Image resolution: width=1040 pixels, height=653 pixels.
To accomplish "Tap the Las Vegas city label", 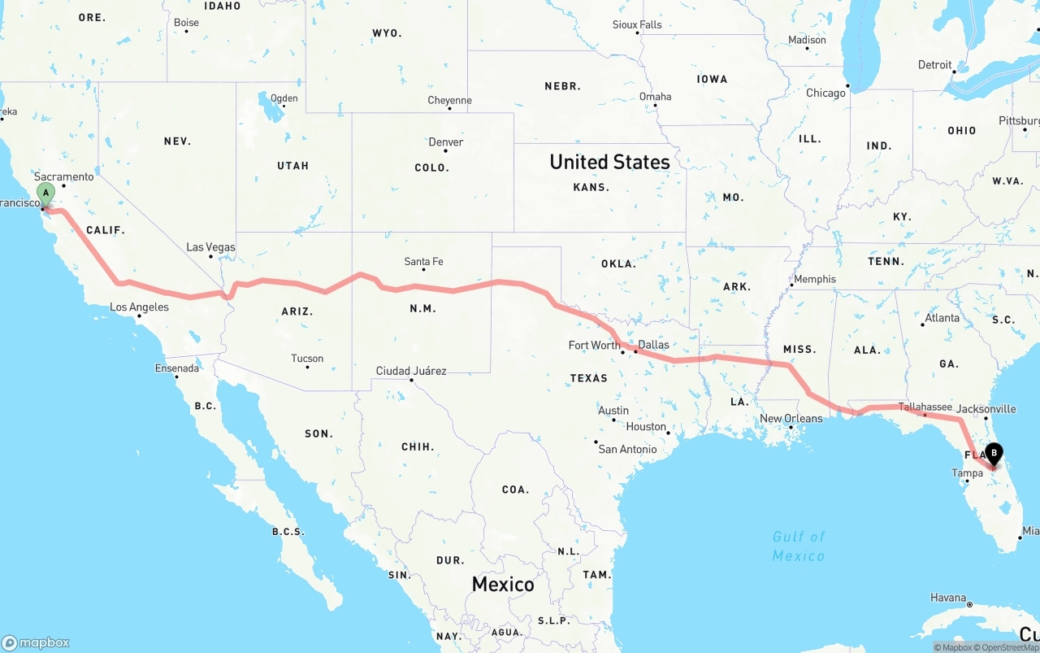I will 210,247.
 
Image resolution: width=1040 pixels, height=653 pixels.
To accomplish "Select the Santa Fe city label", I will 423,262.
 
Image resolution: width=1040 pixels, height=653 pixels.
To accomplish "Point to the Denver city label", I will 446,142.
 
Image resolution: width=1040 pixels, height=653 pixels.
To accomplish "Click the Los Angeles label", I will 139,307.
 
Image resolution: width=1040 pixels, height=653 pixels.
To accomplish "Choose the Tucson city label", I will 307,359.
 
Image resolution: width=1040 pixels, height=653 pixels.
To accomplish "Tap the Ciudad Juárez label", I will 410,371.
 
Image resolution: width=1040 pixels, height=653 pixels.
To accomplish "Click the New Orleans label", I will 791,419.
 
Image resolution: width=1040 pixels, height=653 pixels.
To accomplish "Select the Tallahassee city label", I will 925,407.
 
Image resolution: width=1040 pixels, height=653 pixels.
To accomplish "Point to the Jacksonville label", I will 986,409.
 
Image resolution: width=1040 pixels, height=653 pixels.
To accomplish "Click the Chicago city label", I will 825,93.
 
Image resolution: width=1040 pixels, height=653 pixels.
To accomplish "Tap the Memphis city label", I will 814,279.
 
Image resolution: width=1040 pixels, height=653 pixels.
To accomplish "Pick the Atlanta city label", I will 942,318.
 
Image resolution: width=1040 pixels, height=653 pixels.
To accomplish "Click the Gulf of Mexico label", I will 798,546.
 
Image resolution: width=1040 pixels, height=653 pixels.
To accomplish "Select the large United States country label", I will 609,162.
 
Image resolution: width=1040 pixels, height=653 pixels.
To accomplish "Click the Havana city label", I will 948,598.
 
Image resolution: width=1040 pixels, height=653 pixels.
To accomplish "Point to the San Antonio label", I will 627,449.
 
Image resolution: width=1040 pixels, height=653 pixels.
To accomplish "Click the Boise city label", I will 186,23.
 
